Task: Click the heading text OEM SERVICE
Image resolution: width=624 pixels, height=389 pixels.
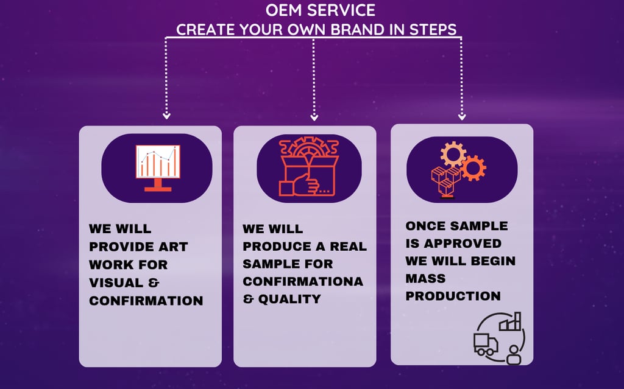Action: tap(321, 10)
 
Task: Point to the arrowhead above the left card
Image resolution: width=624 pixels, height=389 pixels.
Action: tap(166, 116)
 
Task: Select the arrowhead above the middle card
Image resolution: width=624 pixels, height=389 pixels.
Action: tap(314, 117)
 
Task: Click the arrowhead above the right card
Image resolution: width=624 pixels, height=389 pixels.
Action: tap(462, 116)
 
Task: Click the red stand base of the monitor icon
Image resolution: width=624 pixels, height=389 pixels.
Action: tap(158, 189)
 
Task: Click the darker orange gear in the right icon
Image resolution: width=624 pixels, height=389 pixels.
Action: tap(473, 168)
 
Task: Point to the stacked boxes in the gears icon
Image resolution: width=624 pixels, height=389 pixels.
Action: tap(445, 181)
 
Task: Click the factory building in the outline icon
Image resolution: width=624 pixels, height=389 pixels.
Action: tap(510, 322)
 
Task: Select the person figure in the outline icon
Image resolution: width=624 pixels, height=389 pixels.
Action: tap(514, 355)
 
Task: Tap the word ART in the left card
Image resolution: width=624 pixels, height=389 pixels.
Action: tap(173, 247)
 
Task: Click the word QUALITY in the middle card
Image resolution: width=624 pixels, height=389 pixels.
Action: tap(289, 299)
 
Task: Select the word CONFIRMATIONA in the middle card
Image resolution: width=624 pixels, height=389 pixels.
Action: tap(303, 282)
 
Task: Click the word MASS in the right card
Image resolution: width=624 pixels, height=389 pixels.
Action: tap(425, 278)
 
